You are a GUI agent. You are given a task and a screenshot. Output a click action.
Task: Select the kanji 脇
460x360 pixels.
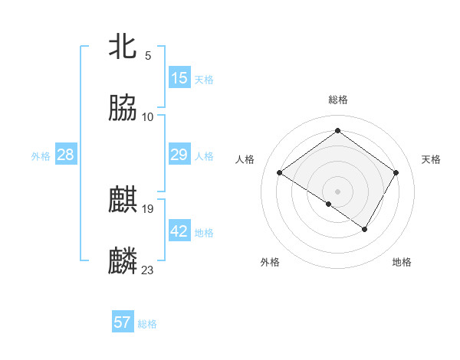[123, 109]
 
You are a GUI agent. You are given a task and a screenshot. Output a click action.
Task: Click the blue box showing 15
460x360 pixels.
[179, 78]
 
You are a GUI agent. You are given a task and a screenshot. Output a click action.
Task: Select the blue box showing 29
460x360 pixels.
[179, 155]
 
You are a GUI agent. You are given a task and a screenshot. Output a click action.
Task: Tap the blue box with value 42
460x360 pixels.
[179, 231]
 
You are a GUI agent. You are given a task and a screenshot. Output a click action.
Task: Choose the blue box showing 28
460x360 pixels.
[66, 155]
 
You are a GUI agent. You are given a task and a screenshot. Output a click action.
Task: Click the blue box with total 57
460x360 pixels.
[123, 322]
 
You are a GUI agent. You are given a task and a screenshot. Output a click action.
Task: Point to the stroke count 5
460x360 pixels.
[147, 55]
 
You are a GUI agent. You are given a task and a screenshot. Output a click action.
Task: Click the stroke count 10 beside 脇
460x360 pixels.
[148, 116]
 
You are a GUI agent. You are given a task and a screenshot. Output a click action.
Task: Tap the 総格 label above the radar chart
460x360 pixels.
[338, 100]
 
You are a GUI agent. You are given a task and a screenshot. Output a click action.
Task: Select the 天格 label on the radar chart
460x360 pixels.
[431, 159]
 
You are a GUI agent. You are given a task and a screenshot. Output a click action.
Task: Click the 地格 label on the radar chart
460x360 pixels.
[402, 262]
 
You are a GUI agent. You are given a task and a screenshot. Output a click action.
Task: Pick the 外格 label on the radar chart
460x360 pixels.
[270, 262]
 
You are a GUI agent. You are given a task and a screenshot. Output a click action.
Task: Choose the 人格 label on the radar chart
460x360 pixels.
[245, 159]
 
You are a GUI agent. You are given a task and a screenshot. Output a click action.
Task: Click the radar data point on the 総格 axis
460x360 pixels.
[337, 131]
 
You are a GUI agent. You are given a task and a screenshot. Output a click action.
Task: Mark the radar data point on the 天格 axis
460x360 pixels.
[396, 173]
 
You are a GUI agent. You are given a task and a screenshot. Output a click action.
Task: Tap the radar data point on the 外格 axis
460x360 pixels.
[329, 204]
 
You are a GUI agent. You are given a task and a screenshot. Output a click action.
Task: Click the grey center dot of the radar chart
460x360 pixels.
[337, 191]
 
